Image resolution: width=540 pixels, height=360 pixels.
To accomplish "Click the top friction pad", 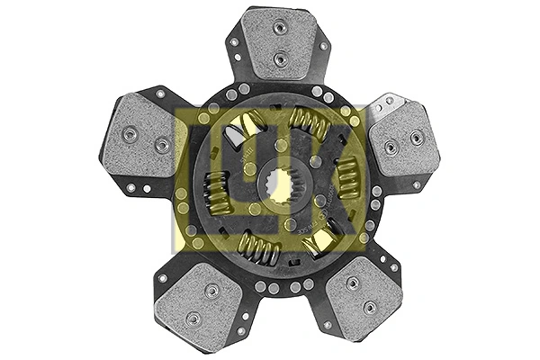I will tap(280, 44).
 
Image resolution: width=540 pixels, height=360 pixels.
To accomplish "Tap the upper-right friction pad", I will tap(402, 139).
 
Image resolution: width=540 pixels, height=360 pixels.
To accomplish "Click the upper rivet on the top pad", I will tap(280, 29).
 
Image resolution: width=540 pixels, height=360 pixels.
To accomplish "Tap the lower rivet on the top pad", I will tap(280, 58).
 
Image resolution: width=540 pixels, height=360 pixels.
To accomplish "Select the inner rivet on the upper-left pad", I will tap(161, 145).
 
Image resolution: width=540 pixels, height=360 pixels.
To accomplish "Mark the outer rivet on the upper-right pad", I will tap(417, 138).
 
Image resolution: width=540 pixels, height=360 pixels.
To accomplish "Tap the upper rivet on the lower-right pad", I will tap(352, 282).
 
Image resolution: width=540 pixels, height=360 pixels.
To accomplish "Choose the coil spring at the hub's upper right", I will tap(310, 121).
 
